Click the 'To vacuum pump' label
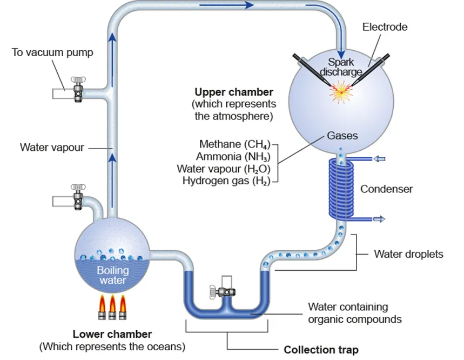click(x=52, y=52)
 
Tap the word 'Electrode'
click(x=385, y=26)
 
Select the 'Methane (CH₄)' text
click(x=234, y=144)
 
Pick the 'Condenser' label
click(x=386, y=189)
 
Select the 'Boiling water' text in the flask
click(x=112, y=275)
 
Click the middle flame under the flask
click(x=113, y=306)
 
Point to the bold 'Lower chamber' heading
click(x=112, y=334)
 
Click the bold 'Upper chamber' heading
click(x=234, y=92)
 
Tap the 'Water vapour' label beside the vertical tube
click(x=52, y=147)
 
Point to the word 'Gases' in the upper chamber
click(x=341, y=136)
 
